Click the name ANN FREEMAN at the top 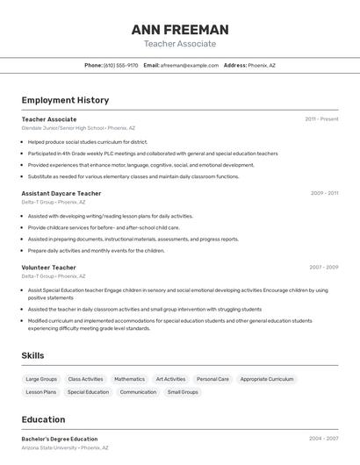180,30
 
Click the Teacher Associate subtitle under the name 180,44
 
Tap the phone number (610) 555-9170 121,65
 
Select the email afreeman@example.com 190,65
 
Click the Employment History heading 65,100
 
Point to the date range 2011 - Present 321,119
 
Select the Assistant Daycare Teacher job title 61,193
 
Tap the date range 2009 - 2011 324,193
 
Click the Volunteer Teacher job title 49,267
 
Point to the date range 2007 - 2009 324,267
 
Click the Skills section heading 32,355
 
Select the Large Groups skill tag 41,379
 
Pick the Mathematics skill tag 129,379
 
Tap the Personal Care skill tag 212,379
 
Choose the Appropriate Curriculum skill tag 267,379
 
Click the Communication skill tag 138,392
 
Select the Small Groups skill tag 183,392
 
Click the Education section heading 43,419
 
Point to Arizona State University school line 49,447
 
